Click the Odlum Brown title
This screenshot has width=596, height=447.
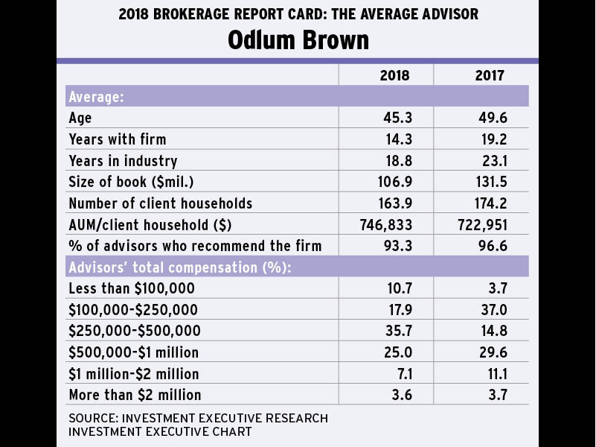298,39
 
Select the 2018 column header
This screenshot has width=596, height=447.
395,75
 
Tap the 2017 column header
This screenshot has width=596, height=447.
490,75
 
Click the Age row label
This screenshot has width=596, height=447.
80,118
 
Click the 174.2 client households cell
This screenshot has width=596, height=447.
488,203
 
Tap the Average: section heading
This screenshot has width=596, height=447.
96,97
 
